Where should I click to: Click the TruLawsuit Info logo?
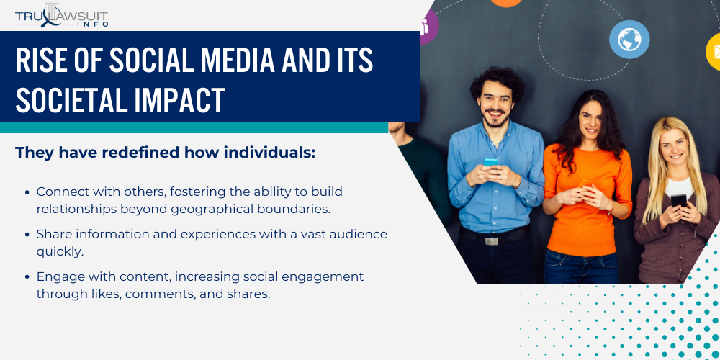click(x=62, y=15)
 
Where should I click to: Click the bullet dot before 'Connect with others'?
click(x=28, y=192)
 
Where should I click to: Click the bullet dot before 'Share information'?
click(x=28, y=235)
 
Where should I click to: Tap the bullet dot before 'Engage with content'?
click(x=28, y=277)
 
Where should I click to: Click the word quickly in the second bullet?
click(x=60, y=251)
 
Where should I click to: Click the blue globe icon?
click(x=629, y=39)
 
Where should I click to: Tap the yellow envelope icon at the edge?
click(x=714, y=51)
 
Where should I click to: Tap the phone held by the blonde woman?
click(x=678, y=200)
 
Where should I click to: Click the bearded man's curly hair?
click(x=498, y=80)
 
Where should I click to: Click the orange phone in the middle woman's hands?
click(x=586, y=185)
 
